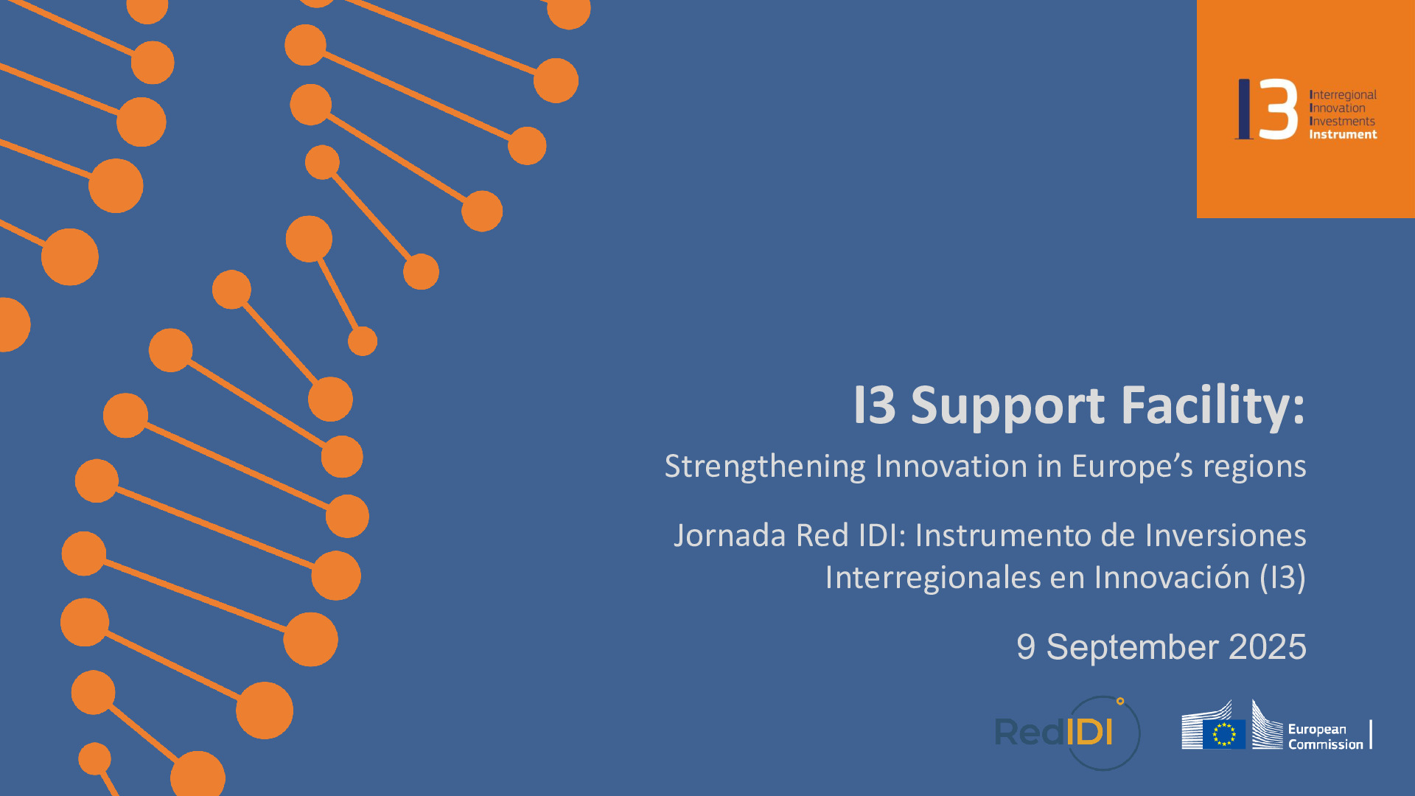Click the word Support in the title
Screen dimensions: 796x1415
pyautogui.click(x=1007, y=406)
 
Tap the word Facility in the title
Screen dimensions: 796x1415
pyautogui.click(x=1212, y=406)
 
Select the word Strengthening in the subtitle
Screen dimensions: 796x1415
pyautogui.click(x=765, y=467)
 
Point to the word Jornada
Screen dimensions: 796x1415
pyautogui.click(x=730, y=536)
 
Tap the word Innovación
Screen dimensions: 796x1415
pyautogui.click(x=1172, y=578)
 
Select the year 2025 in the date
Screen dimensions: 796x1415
pyautogui.click(x=1268, y=647)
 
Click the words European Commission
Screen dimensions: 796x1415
pyautogui.click(x=1325, y=737)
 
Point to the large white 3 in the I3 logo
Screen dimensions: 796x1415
pyautogui.click(x=1278, y=110)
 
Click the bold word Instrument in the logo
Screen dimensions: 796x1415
pyautogui.click(x=1343, y=134)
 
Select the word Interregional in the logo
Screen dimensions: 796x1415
pyautogui.click(x=1343, y=95)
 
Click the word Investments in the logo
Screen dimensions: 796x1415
pyautogui.click(x=1342, y=121)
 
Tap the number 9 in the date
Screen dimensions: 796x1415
pyautogui.click(x=1026, y=647)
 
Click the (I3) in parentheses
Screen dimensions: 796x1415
pyautogui.click(x=1282, y=578)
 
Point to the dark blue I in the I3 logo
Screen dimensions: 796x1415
pyautogui.click(x=1244, y=109)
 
